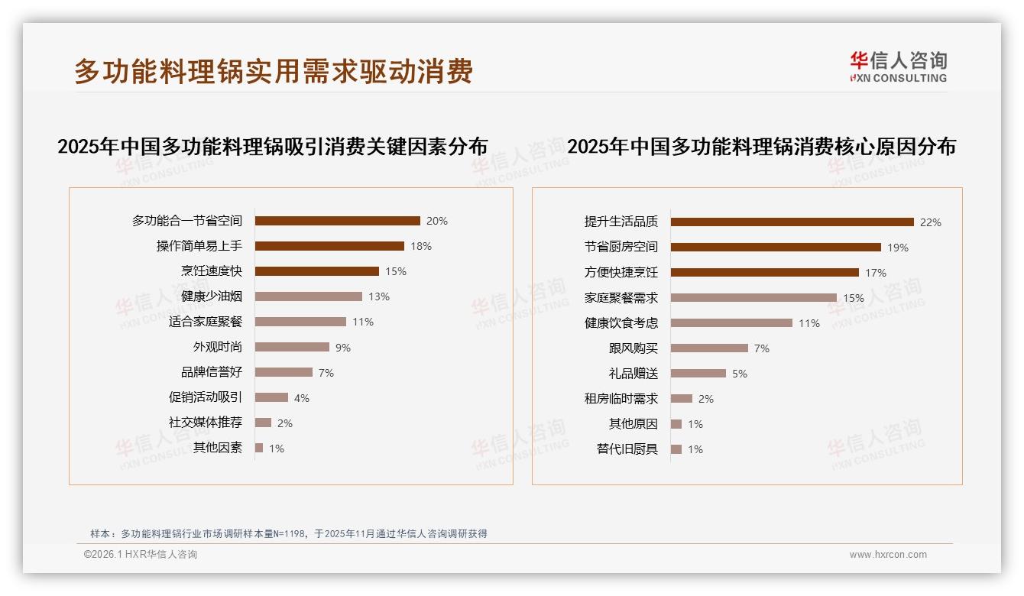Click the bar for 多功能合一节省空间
[x=337, y=221]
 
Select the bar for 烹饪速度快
[x=316, y=271]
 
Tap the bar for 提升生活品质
[x=792, y=222]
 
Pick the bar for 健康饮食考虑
[x=731, y=323]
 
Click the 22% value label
[x=930, y=222]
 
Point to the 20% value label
[x=436, y=221]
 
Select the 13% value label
[x=378, y=296]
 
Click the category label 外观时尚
[x=217, y=347]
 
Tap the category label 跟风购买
[x=633, y=348]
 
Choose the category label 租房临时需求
[x=621, y=399]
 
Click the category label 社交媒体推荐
[x=205, y=423]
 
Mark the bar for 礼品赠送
[x=698, y=374]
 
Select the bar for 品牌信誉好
[x=284, y=372]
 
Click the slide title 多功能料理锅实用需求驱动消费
[x=274, y=71]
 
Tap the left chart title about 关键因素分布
[x=272, y=146]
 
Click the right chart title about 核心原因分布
[x=761, y=146]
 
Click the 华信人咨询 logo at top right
[x=898, y=67]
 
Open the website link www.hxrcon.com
[x=888, y=555]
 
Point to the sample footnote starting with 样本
[x=288, y=534]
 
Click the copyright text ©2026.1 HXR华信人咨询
[x=140, y=555]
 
